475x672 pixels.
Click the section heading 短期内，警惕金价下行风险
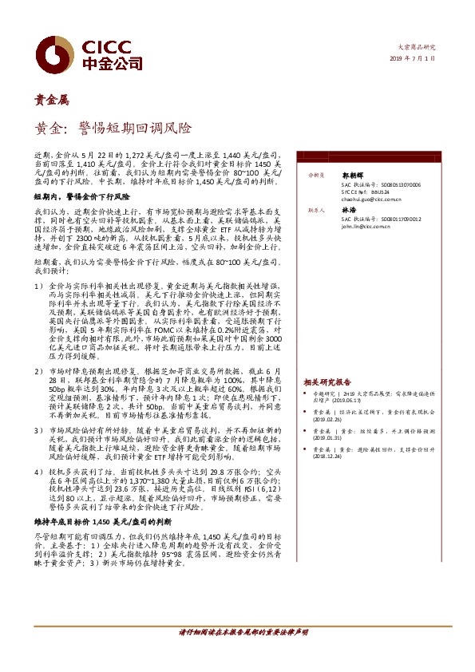tap(81, 195)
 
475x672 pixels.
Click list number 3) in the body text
tap(38, 429)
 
